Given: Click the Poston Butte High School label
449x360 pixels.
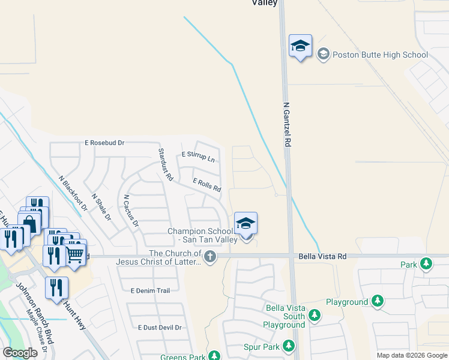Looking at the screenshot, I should pos(381,55).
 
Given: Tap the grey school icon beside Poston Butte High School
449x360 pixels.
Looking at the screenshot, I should pos(324,55).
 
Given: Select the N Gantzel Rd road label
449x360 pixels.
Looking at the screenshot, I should pos(287,125).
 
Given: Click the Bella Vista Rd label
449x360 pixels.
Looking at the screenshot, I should pos(322,256).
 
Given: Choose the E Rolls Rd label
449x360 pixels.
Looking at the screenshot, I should pos(206,185).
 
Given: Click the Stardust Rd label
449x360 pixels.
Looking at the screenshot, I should pos(165,165).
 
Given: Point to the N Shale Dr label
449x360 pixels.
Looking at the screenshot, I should pos(101,206).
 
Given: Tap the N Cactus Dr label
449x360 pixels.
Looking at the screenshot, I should pos(131,211).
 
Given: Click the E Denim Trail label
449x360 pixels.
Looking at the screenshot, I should pos(150,290).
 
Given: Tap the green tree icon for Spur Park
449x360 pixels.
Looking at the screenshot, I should pos(289,346).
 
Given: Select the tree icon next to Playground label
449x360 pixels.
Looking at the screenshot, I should pos(378,301).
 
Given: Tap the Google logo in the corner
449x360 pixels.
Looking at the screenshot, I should pos(20,353).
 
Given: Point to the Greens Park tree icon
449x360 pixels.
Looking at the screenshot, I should pos(214,357).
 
